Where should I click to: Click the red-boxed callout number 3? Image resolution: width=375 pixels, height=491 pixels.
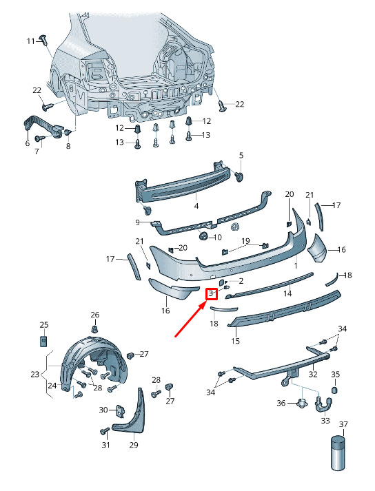(x=212, y=293)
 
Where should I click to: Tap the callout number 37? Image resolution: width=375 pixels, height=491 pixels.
(x=344, y=424)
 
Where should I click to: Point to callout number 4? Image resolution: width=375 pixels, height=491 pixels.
(x=196, y=206)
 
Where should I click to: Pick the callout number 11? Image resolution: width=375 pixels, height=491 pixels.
(x=31, y=41)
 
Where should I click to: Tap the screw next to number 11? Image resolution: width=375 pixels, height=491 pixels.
(x=43, y=39)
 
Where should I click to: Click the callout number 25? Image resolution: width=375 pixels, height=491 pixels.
(x=44, y=324)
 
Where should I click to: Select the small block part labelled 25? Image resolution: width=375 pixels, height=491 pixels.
(x=43, y=340)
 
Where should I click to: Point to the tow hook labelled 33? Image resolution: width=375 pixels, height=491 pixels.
(x=323, y=406)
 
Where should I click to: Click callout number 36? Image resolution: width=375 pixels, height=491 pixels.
(x=281, y=403)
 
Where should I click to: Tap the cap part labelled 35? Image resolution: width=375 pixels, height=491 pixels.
(x=336, y=390)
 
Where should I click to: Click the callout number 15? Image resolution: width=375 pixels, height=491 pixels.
(x=236, y=340)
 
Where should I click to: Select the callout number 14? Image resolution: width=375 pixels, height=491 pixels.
(x=287, y=293)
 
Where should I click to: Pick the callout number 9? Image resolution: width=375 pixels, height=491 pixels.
(x=137, y=222)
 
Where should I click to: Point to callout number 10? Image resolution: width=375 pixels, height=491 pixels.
(x=217, y=237)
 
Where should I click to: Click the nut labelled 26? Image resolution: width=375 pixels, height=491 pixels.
(x=94, y=329)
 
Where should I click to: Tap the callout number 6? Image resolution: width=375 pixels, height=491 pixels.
(x=28, y=143)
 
